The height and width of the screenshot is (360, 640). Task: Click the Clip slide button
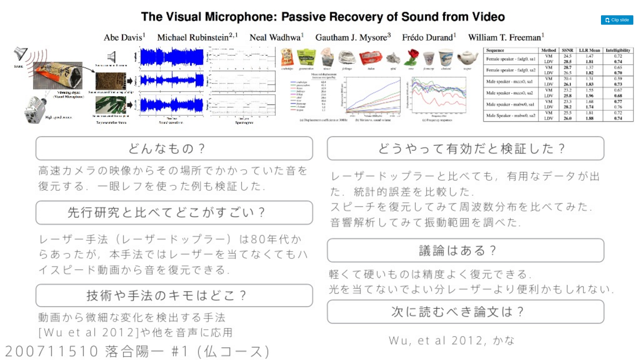point(617,20)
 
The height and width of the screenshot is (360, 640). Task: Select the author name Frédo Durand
point(428,37)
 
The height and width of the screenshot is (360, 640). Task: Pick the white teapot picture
point(467,57)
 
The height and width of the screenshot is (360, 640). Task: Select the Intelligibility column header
point(618,50)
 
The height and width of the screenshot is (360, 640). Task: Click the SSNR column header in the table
point(567,50)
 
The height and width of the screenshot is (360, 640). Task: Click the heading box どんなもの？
point(174,148)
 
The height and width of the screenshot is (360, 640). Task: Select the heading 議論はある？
point(465,250)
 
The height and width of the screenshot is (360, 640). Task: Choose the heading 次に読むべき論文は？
point(465,312)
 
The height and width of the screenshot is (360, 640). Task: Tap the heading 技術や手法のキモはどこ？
point(174,295)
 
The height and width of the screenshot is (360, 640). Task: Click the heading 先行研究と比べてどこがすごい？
point(174,212)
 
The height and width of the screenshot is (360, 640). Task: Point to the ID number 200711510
point(52,351)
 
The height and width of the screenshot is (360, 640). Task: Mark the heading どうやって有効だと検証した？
point(465,148)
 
